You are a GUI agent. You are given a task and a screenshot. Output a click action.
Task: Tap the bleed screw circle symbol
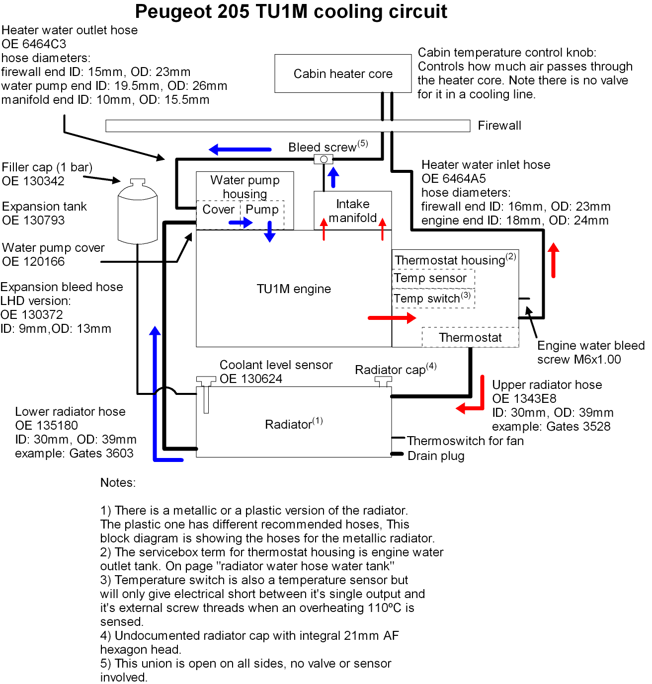pos(324,159)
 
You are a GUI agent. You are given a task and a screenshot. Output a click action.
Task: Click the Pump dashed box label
pos(262,209)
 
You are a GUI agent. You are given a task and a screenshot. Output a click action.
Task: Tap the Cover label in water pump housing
pos(218,209)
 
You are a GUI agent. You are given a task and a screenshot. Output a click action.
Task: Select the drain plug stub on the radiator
pos(397,454)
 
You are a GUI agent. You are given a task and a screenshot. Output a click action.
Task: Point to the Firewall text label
pos(499,125)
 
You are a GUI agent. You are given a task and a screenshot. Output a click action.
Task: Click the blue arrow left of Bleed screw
pos(240,149)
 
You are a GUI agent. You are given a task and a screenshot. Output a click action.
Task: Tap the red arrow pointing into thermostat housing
pos(392,317)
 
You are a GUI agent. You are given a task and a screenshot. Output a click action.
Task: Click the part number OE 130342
pos(33,181)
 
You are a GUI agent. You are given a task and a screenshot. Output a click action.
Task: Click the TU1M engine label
pos(294,289)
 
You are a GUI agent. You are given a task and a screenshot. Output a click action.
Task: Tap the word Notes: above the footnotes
pos(118,482)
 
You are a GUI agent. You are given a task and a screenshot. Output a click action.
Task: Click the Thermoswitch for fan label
pos(465,441)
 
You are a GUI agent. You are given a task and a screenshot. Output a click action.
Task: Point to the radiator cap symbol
pos(383,381)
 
